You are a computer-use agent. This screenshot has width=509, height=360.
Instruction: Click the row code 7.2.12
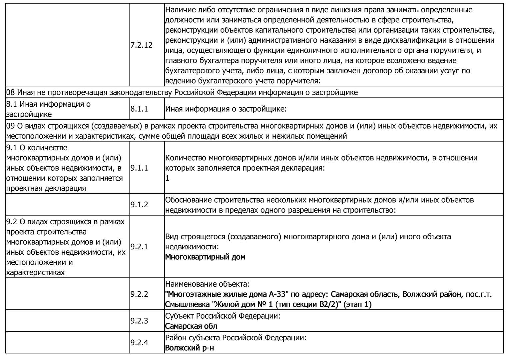(x=141, y=45)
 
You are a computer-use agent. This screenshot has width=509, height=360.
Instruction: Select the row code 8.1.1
(x=139, y=109)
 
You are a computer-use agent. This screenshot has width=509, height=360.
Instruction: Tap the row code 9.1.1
(x=139, y=168)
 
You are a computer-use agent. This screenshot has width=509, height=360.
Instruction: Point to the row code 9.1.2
(x=139, y=205)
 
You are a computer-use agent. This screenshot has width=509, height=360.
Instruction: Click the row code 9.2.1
(x=139, y=247)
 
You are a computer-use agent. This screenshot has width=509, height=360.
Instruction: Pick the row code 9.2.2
(x=139, y=294)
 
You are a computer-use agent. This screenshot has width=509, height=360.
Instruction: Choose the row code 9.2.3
(x=139, y=321)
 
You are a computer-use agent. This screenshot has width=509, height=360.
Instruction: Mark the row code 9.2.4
(x=139, y=343)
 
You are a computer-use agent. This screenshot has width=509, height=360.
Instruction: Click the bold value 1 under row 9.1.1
(x=167, y=178)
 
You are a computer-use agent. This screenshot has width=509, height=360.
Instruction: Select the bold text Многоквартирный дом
(x=205, y=257)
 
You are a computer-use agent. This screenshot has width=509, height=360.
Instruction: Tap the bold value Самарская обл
(x=191, y=326)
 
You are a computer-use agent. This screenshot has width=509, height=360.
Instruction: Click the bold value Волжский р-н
(x=190, y=348)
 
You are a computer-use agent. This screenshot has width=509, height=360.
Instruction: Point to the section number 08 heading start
(x=10, y=92)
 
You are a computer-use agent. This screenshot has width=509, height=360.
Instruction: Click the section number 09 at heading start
(x=10, y=126)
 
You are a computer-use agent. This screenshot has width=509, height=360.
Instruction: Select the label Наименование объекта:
(x=207, y=284)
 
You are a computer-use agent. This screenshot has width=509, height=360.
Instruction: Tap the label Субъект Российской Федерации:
(x=223, y=316)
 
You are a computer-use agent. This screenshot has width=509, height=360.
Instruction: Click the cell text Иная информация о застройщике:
(x=226, y=109)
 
